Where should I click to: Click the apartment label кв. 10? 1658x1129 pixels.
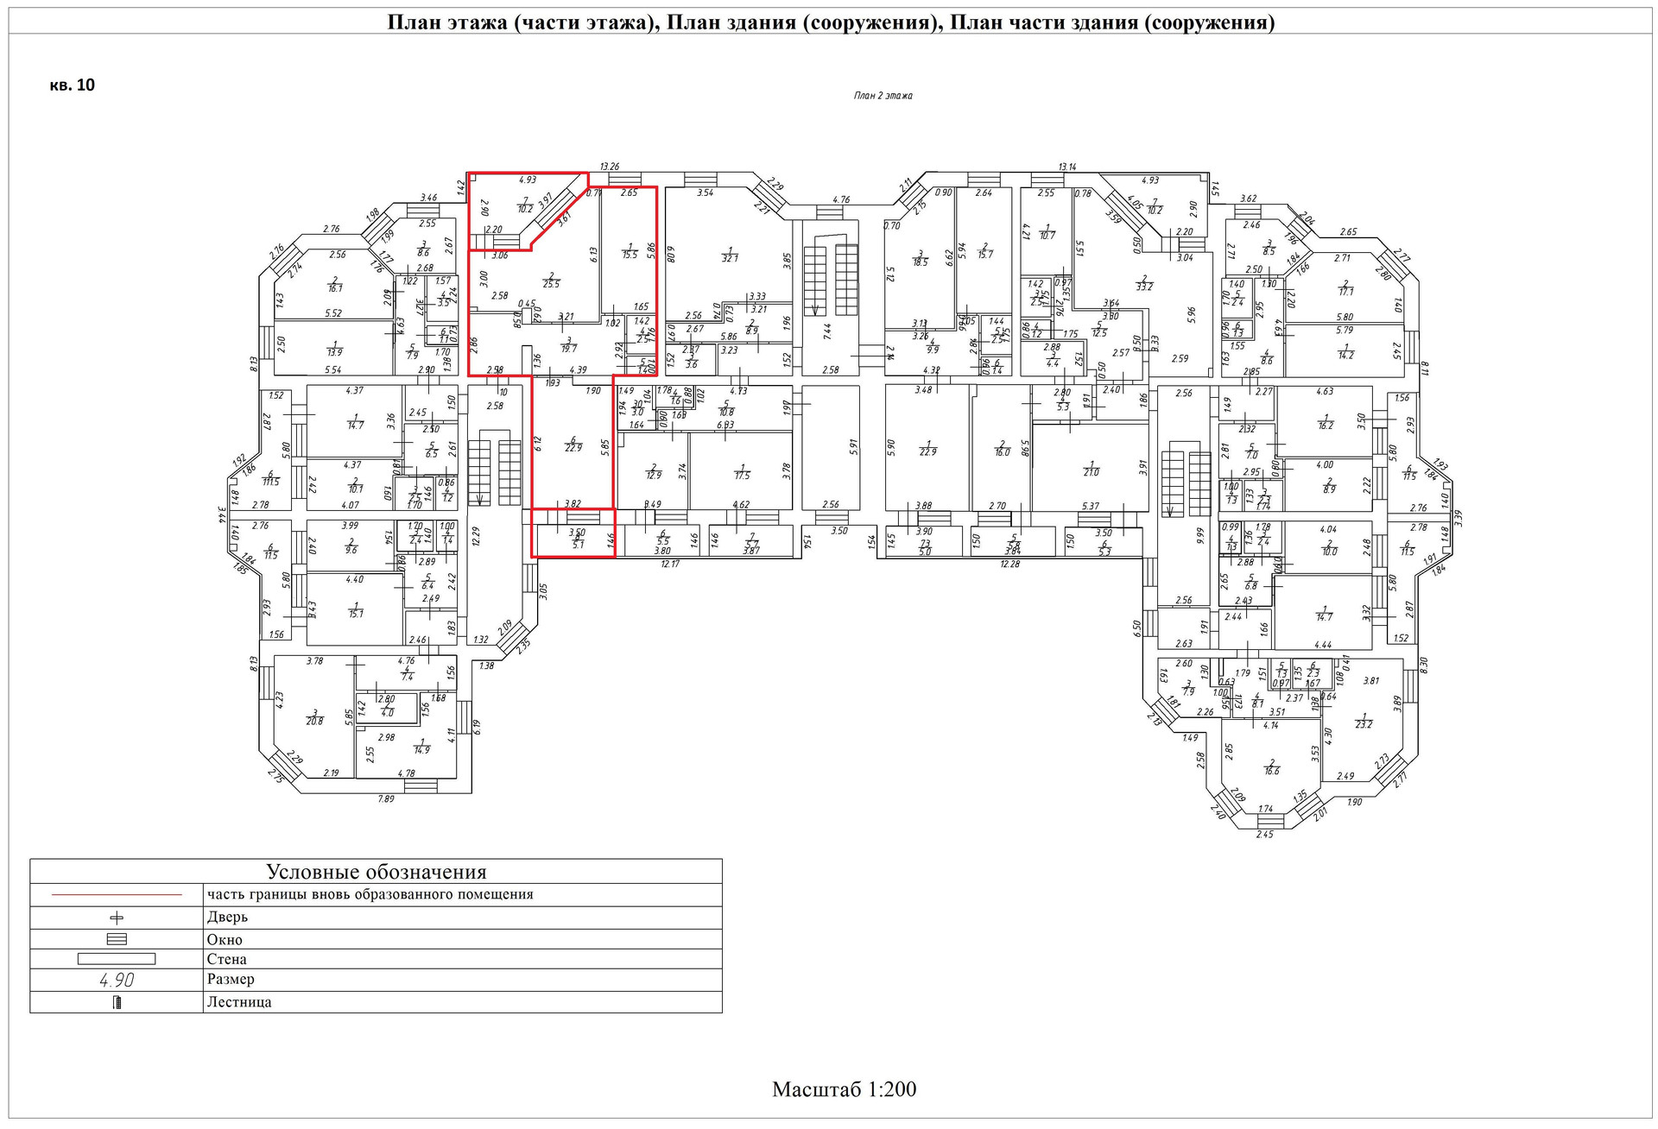coord(73,85)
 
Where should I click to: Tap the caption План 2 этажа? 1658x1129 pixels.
coord(883,96)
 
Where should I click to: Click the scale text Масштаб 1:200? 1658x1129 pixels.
coord(844,1089)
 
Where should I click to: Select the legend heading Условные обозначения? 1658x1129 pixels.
coord(376,872)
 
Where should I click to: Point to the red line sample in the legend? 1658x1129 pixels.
coord(117,895)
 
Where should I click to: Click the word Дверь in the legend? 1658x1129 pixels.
coord(227,917)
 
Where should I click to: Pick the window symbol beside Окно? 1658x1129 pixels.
coord(117,939)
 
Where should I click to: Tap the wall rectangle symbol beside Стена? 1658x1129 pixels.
coord(117,959)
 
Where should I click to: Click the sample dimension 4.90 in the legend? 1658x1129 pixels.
coord(117,980)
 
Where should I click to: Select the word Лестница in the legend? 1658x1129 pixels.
coord(239,1002)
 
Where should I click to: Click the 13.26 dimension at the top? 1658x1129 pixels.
coord(610,167)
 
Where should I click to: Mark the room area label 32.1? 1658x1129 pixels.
coord(730,257)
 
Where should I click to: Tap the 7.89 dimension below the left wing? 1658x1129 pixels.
coord(385,799)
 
